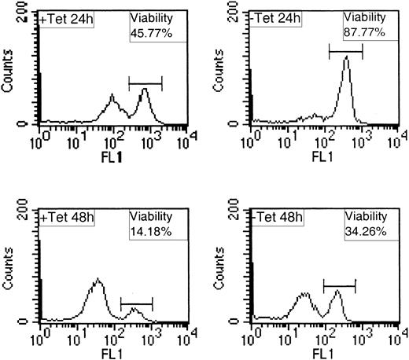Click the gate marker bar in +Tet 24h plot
(145, 80)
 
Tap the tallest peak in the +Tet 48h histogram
(98, 280)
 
